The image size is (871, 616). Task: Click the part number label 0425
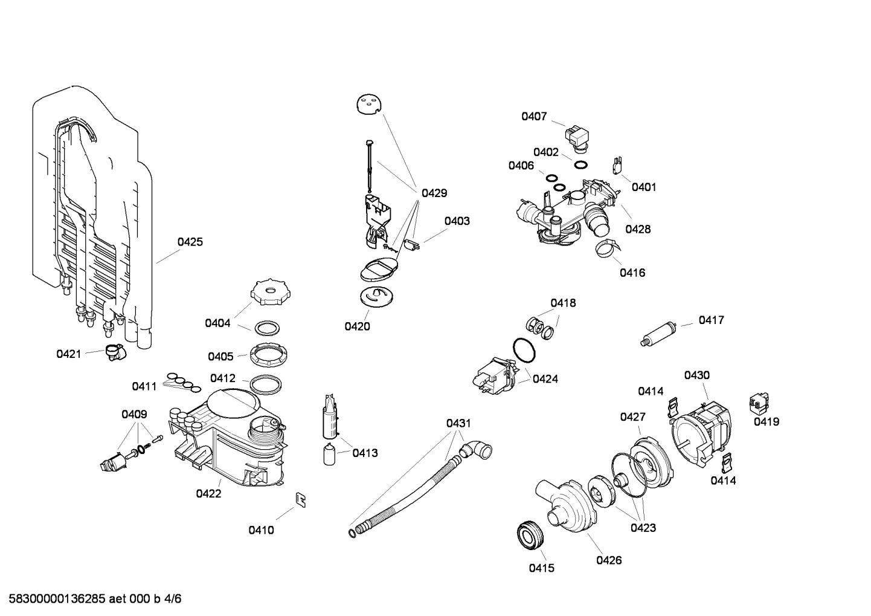tap(190, 242)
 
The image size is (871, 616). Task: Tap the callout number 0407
tap(534, 116)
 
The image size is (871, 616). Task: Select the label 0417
tap(711, 320)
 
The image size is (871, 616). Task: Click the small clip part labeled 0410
tap(300, 499)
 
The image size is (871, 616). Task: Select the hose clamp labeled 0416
tap(607, 248)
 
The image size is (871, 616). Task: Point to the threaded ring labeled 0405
tap(268, 353)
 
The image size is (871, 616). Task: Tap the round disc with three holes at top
tap(370, 105)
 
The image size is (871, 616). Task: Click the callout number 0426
tap(609, 560)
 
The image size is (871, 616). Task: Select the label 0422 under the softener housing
tap(208, 493)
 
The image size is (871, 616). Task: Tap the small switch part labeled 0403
tap(413, 245)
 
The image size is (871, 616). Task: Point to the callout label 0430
tap(696, 375)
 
